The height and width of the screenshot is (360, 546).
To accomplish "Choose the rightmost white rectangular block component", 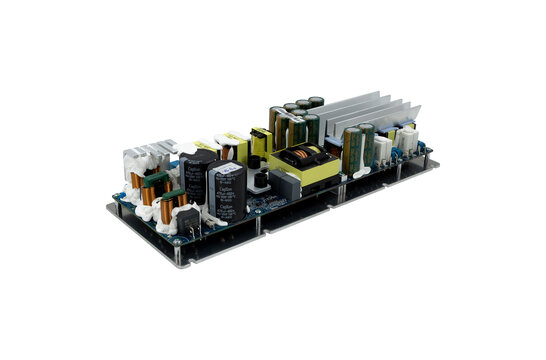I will tap(411, 141).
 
